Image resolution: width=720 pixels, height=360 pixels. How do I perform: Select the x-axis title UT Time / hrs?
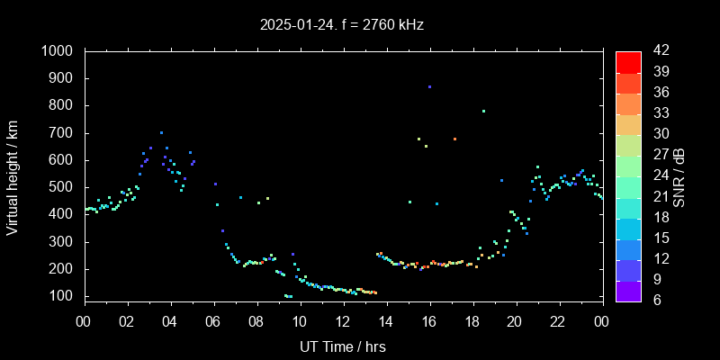pos(343,345)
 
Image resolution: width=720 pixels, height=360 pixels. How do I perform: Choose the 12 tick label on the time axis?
pos(343,320)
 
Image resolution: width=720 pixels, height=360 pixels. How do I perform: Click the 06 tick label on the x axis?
pos(213,320)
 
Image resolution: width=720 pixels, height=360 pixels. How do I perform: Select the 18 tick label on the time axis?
pos(472,320)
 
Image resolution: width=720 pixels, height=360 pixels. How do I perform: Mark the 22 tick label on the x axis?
pos(558,320)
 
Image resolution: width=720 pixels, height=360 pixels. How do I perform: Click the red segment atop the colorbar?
pos(628,61)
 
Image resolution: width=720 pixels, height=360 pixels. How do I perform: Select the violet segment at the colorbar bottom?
pos(628,290)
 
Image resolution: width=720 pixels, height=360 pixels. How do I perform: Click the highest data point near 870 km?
pos(429,86)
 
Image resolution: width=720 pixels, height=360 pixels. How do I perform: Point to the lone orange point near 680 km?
pos(454,139)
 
